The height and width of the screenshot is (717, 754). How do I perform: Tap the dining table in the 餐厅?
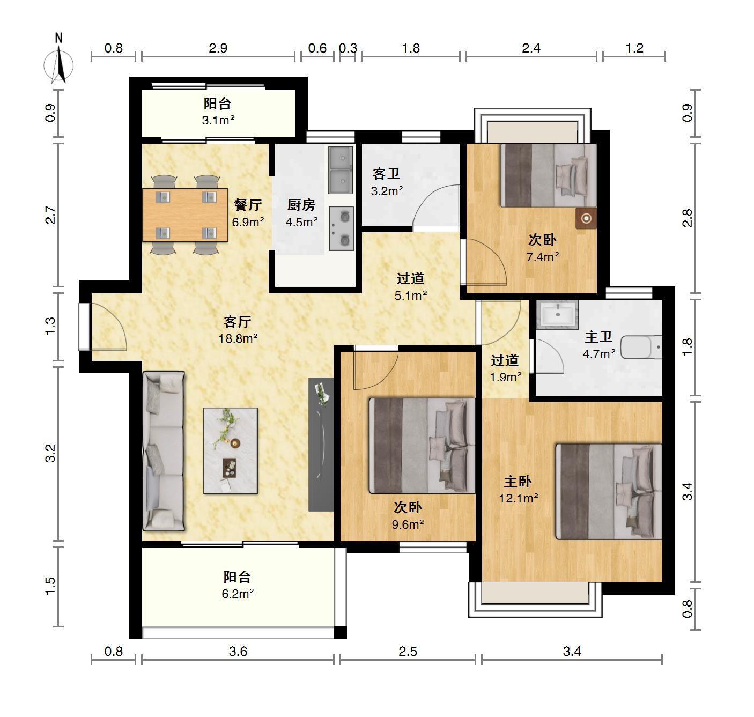[x=185, y=215]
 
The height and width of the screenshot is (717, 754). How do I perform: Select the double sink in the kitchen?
[x=341, y=170]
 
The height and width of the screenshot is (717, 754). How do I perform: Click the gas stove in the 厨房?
[x=341, y=228]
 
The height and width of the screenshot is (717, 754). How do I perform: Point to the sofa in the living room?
[x=164, y=451]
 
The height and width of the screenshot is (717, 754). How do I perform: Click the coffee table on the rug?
[x=231, y=451]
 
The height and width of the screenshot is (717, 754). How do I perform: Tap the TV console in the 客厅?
[x=321, y=444]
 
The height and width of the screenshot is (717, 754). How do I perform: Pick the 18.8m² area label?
[x=238, y=339]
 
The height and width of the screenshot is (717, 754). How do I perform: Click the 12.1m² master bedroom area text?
[x=519, y=498]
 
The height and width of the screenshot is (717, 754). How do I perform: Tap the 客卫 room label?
[x=386, y=174]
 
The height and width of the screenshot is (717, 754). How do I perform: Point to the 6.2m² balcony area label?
[x=238, y=594]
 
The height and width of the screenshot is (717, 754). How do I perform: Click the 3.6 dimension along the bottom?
[x=238, y=652]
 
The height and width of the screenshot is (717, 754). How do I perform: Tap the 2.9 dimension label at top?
[x=218, y=48]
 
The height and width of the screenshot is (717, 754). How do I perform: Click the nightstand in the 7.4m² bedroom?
[x=586, y=218]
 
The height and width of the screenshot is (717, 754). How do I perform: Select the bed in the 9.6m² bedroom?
[x=422, y=446]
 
